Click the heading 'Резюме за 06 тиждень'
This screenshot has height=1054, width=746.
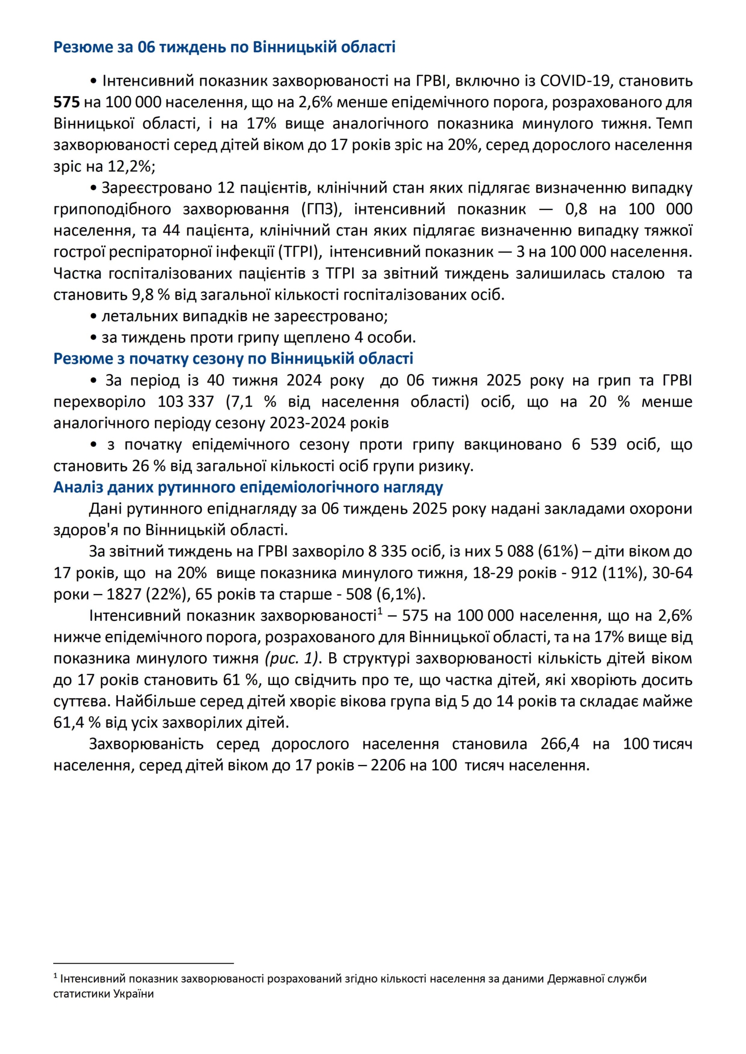click(x=224, y=47)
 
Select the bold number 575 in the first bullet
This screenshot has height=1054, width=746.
click(x=67, y=102)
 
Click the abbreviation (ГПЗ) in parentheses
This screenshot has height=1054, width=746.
click(x=322, y=209)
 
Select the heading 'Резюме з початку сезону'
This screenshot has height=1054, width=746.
click(x=233, y=359)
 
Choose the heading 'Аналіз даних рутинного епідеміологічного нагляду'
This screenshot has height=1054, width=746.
click(x=248, y=487)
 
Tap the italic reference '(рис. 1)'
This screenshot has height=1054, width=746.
click(x=292, y=659)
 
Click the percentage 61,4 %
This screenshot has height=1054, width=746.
click(x=77, y=723)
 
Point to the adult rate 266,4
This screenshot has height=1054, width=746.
click(x=559, y=744)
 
